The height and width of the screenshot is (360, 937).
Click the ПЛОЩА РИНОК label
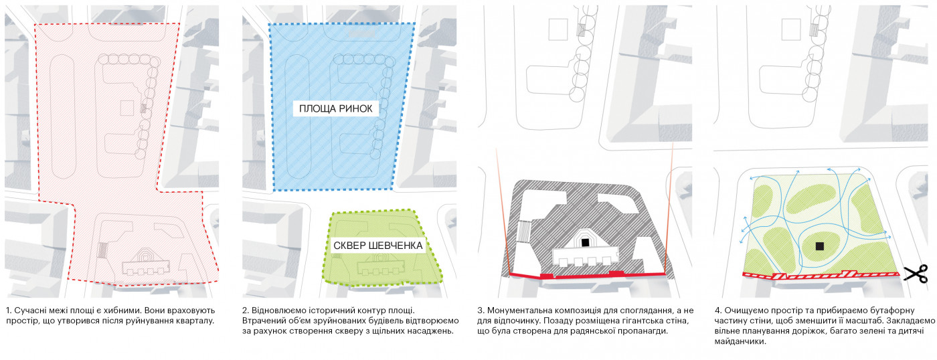[x=339, y=108]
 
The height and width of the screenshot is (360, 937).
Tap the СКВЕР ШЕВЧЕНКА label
[x=377, y=246]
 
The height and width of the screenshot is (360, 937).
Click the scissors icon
[x=915, y=273]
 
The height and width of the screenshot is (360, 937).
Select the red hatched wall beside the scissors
[x=820, y=274]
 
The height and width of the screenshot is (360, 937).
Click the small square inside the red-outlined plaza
[x=126, y=107]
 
